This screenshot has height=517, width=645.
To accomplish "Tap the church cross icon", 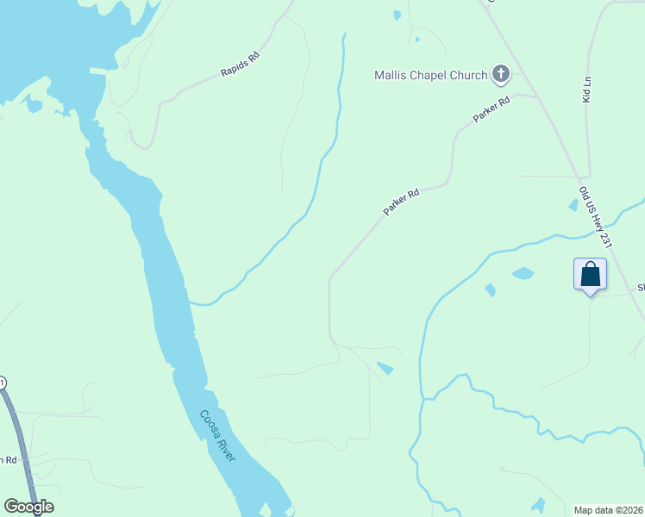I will point(501,74).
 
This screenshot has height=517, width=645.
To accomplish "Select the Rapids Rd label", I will point(240,65).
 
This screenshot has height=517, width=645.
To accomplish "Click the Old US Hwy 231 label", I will point(596,218).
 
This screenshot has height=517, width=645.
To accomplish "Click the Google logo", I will point(28,507).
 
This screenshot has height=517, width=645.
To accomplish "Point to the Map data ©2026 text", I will point(608,510).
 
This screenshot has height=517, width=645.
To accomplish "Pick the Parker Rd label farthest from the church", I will point(401,202).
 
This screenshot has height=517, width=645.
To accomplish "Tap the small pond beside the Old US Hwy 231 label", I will point(573,205).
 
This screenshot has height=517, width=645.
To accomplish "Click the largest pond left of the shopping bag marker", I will point(523,273).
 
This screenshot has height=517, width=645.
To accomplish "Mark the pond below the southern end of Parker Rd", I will point(385,369).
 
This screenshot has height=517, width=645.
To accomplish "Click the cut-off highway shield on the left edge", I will point(3,382).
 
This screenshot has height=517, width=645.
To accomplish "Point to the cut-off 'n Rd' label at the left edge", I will point(8,459).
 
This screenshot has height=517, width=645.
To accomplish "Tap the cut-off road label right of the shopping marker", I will point(641,288).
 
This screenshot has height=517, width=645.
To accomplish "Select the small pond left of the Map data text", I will point(538,504).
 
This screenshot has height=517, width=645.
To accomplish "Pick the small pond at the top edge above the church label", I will point(397,15).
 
